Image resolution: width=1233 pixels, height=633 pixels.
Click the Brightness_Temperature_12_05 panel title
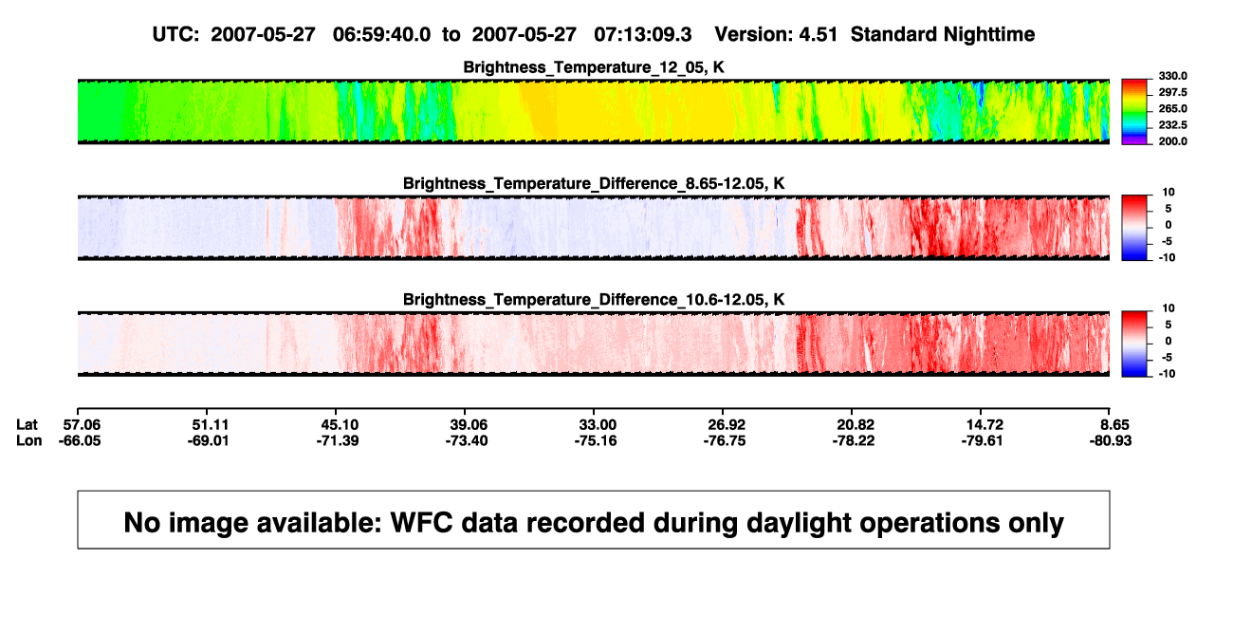594,67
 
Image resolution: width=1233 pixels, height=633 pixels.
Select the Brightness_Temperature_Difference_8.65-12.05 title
594,183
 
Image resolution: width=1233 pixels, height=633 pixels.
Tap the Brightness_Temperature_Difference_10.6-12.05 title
594,300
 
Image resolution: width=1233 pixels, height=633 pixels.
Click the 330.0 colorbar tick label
1172,76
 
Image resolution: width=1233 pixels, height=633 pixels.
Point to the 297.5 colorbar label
1172,92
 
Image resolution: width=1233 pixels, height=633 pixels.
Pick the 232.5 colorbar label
1172,125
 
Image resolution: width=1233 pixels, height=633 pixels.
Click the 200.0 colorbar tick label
1172,141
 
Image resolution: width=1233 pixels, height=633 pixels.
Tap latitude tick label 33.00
598,425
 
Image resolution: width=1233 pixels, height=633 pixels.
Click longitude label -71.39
338,440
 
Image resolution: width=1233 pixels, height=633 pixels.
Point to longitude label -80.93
1111,440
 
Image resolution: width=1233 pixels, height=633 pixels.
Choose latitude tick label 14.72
985,425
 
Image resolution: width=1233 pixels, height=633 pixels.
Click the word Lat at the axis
27,425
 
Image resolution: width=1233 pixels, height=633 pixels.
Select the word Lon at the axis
29,440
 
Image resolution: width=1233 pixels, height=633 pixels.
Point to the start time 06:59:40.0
381,34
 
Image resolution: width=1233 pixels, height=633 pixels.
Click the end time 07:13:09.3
642,34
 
